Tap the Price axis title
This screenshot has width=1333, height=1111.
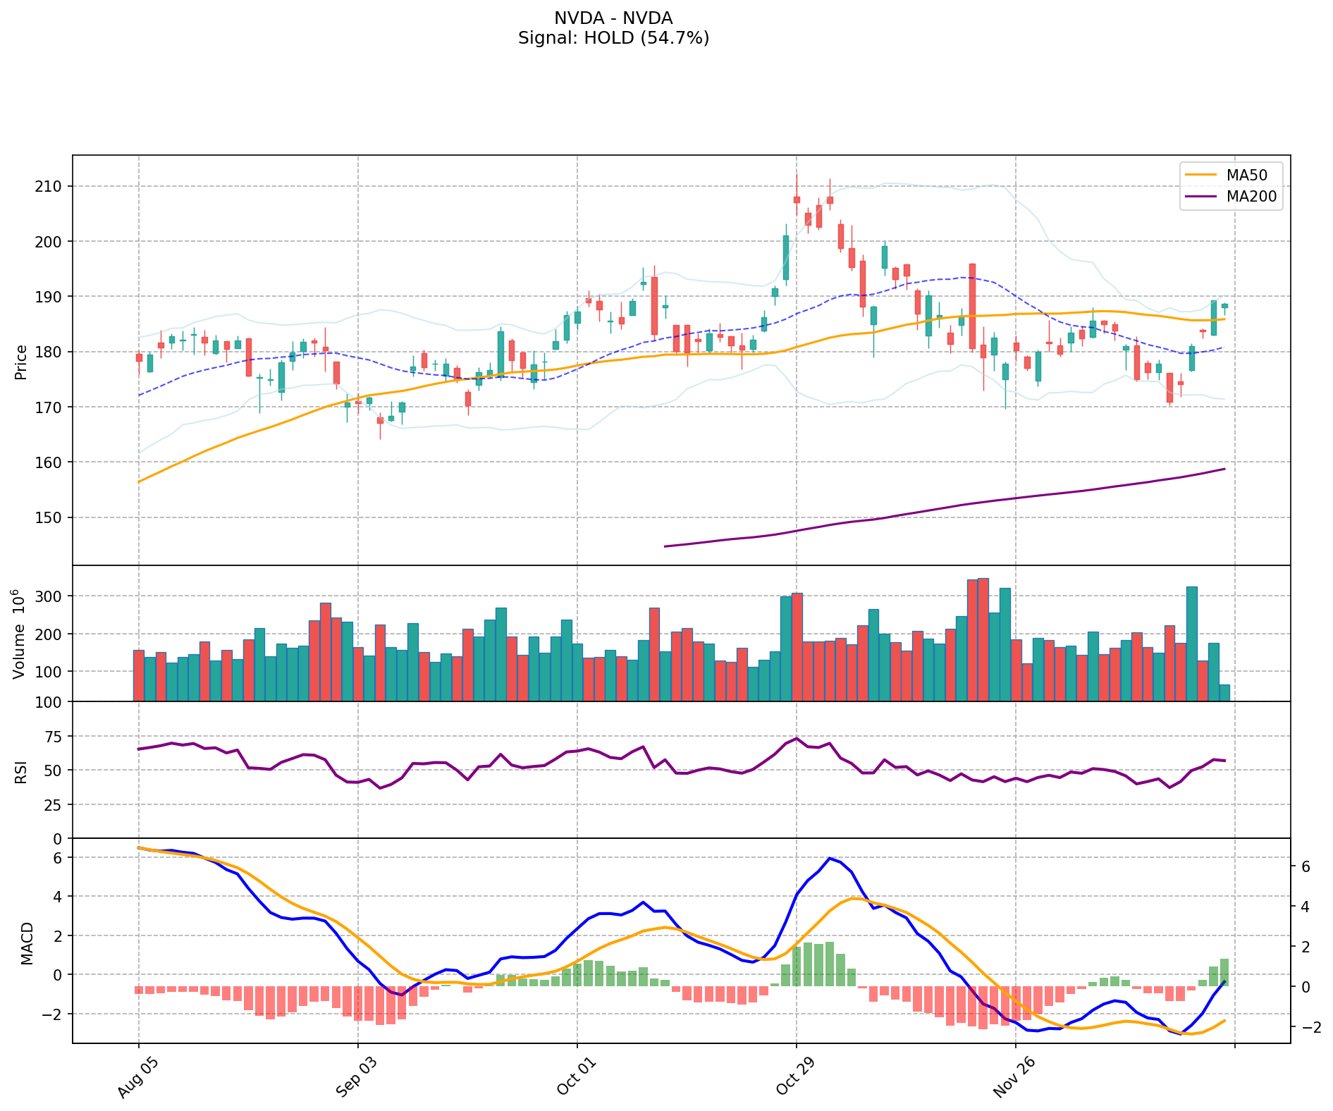[21, 362]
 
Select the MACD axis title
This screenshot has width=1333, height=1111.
[27, 943]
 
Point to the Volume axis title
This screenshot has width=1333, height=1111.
[20, 634]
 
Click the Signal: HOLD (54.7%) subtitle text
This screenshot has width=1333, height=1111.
[613, 38]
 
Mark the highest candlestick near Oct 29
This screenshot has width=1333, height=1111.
[797, 200]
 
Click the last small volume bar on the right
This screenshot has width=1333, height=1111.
[1224, 693]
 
